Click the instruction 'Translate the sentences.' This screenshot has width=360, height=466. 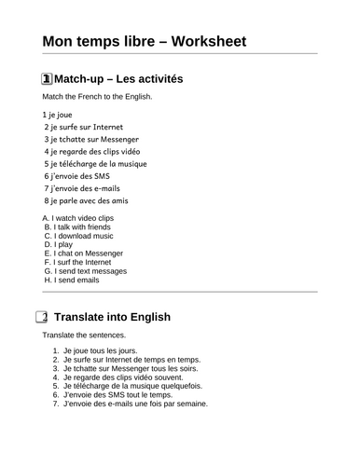point(83,335)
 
